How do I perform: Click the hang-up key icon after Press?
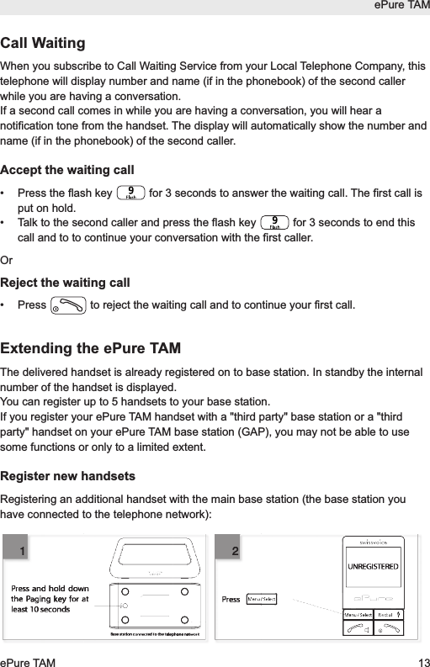[67, 304]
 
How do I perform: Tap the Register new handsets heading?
[68, 477]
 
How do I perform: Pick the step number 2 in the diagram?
[236, 551]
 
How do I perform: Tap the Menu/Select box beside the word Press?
[261, 600]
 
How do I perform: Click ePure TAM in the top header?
[402, 7]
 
